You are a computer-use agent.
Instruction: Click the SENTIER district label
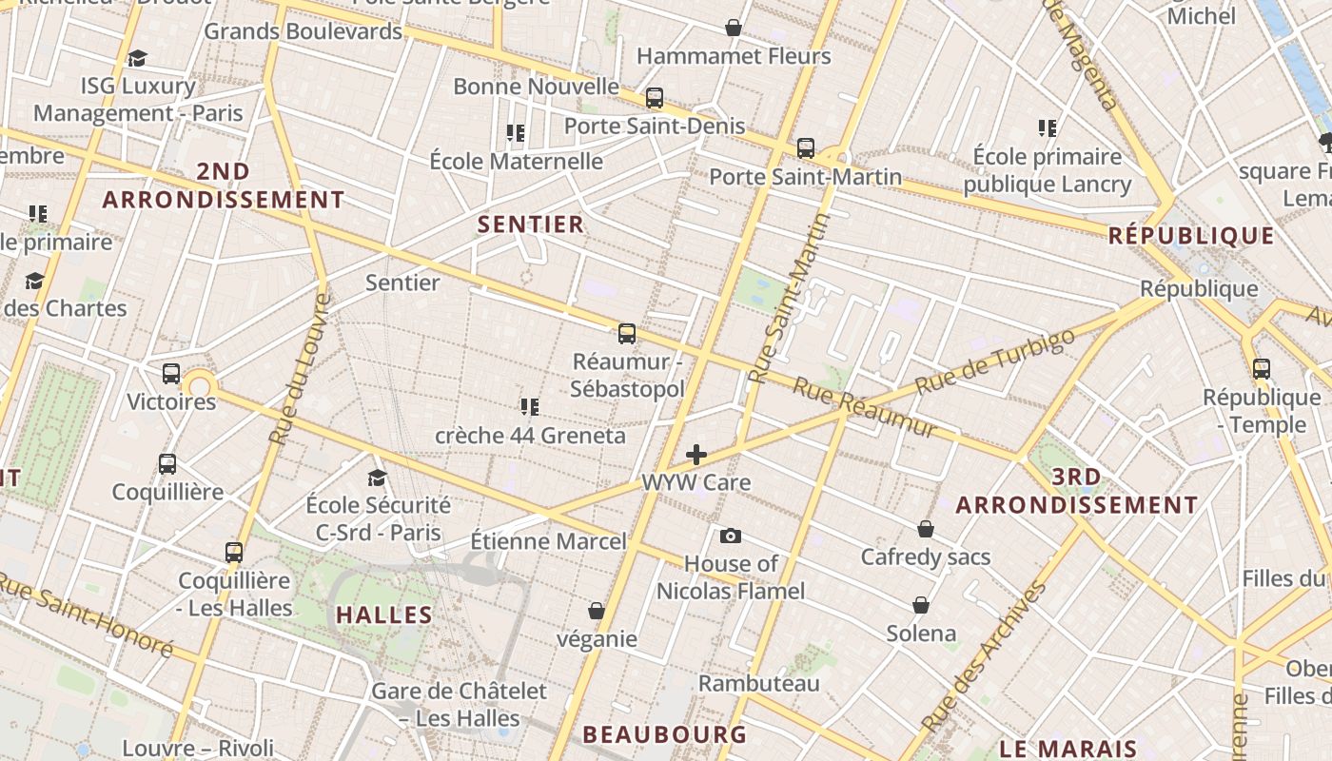530,224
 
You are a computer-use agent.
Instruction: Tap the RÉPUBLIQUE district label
1190,236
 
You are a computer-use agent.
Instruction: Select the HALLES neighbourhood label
384,615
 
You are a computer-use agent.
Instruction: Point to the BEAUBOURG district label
664,734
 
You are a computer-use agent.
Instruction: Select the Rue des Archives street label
985,655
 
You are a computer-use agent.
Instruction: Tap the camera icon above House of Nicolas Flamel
731,536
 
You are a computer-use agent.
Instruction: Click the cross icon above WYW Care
696,455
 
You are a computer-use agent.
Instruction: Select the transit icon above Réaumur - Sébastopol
627,334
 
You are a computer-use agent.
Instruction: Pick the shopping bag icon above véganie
597,610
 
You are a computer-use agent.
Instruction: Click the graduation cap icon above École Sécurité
378,477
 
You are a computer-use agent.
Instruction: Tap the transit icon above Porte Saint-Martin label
806,148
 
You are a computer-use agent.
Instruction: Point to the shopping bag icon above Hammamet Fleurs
734,28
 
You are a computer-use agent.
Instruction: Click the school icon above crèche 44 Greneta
530,407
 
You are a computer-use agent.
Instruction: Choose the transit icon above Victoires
171,374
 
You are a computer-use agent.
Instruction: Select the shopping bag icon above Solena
921,605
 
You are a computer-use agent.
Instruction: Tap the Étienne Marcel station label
548,542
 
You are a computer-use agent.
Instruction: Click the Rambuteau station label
758,684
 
